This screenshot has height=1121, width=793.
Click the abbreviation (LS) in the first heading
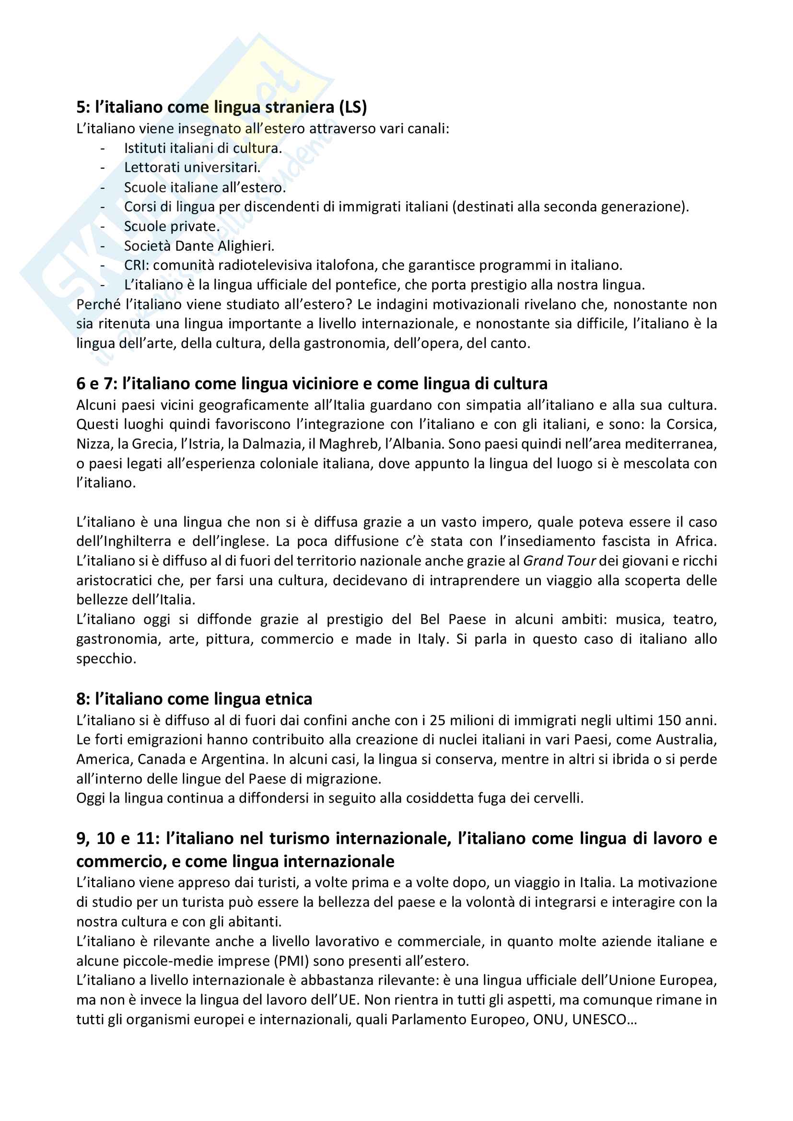coord(352,107)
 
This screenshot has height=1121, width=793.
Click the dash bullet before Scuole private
coord(103,227)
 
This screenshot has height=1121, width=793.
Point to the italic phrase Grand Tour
coord(559,561)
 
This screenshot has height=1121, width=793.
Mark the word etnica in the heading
coord(289,699)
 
